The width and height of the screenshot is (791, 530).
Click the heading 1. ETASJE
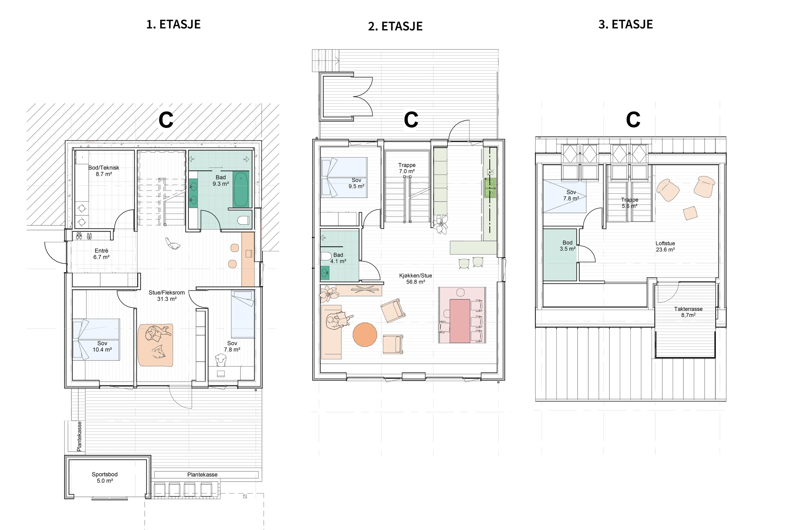(x=173, y=24)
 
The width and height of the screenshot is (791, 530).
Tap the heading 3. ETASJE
(x=626, y=24)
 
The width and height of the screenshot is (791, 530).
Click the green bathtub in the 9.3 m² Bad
(x=241, y=189)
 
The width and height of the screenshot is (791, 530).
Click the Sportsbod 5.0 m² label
(x=105, y=477)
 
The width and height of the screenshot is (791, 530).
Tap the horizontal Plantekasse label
(x=202, y=475)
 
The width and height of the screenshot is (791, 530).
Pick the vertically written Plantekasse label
(x=79, y=436)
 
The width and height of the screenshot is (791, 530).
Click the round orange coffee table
(x=365, y=335)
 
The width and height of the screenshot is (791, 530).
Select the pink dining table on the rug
(x=460, y=321)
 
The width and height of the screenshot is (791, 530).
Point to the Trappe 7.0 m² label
(x=407, y=168)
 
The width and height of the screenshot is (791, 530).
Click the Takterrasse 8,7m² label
(x=688, y=312)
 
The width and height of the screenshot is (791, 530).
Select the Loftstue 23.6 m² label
(x=665, y=246)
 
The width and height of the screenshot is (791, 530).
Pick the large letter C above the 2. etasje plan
(x=411, y=120)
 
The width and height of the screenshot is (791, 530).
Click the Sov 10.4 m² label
(x=102, y=346)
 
